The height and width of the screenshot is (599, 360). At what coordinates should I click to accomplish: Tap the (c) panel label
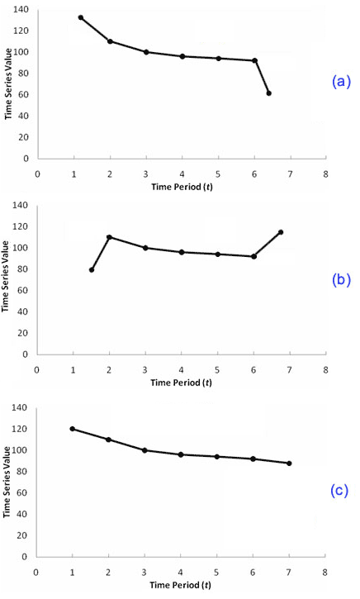[339, 490]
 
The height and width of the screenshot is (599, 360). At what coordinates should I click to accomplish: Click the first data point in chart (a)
[80, 17]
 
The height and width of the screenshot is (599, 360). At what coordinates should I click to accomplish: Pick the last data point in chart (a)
[269, 93]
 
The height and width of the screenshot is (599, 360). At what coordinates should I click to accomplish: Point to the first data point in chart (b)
[92, 270]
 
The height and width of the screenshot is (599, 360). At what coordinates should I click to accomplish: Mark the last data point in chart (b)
[281, 232]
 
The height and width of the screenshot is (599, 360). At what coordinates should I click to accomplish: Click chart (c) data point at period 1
[73, 429]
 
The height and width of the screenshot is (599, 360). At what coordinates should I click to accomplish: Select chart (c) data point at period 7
[290, 464]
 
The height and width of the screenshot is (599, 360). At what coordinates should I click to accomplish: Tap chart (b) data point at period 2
[109, 237]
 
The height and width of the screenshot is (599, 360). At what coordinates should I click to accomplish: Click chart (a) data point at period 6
[254, 60]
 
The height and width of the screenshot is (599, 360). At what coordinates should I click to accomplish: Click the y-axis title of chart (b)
[7, 280]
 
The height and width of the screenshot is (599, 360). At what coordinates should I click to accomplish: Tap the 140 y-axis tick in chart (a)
[21, 10]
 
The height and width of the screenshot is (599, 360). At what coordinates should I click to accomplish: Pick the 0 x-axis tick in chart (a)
[37, 174]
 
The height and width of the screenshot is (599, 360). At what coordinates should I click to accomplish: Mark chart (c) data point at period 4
[181, 454]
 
